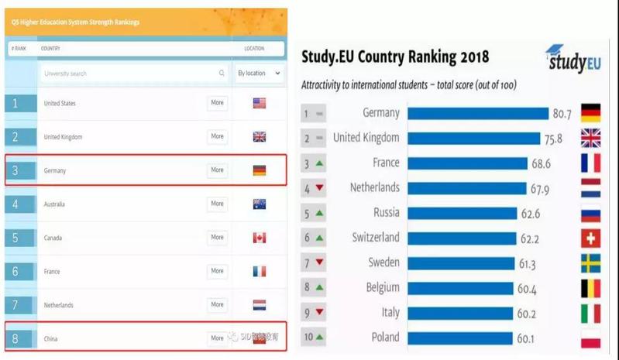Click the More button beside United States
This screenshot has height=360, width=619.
click(217, 103)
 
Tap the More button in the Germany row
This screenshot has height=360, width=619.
click(217, 170)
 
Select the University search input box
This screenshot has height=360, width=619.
click(132, 74)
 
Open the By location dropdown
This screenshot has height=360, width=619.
click(259, 74)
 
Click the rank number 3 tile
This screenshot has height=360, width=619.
click(20, 170)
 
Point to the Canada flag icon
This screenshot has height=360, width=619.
click(259, 238)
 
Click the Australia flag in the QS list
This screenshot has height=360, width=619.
click(259, 204)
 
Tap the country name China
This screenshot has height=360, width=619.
click(52, 339)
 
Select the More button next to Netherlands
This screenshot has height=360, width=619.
click(217, 305)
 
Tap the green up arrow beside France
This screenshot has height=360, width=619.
click(318, 163)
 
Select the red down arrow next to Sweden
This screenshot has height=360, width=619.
click(318, 264)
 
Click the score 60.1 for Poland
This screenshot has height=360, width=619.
click(528, 338)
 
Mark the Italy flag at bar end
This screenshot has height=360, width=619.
click(590, 314)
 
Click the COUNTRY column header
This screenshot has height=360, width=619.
click(51, 49)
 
